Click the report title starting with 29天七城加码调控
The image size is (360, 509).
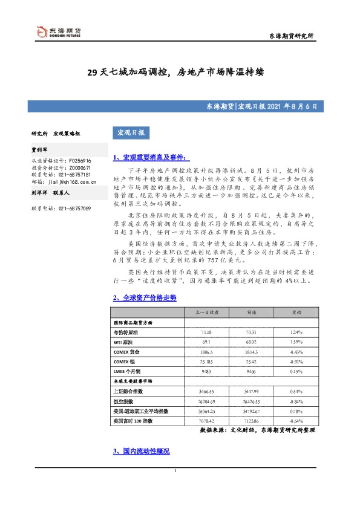[x=179, y=72]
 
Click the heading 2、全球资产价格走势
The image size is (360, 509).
[x=145, y=298]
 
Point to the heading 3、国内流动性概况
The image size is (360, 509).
[x=141, y=452]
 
